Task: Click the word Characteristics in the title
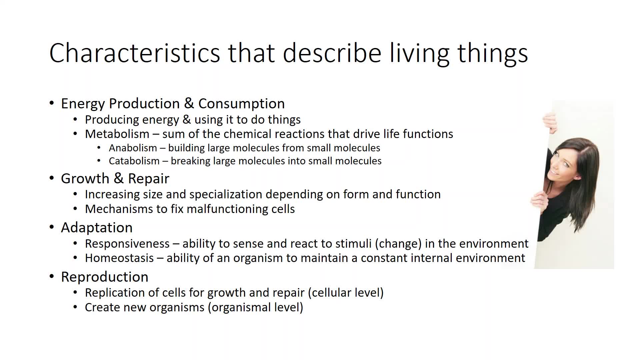[x=135, y=53]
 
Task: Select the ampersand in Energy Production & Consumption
[x=189, y=103]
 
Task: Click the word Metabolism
[x=117, y=134]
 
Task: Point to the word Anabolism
[x=133, y=148]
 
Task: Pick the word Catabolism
[x=134, y=161]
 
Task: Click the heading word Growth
[x=85, y=178]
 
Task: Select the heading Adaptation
[x=97, y=228]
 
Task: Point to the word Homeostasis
[x=119, y=258]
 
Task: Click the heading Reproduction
[x=105, y=277]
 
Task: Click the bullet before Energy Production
[x=52, y=103]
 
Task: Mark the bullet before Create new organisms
[x=75, y=307]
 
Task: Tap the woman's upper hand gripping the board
[x=550, y=122]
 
